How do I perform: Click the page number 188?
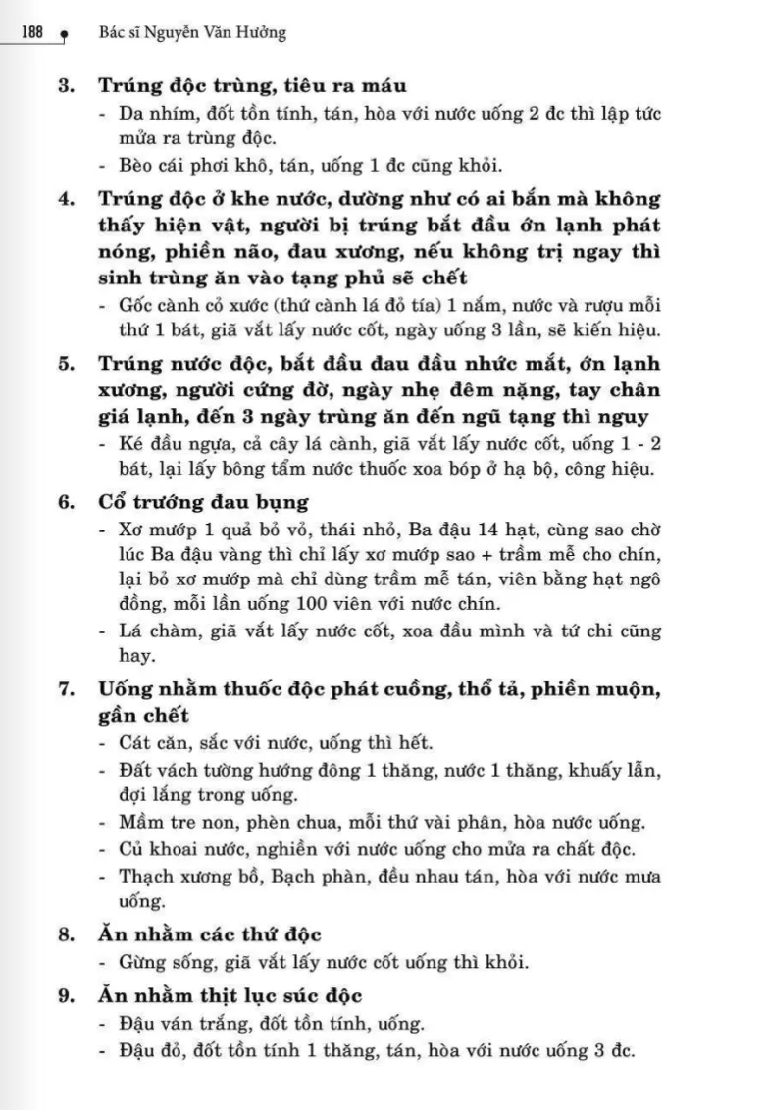(31, 32)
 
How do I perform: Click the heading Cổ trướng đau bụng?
(203, 503)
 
